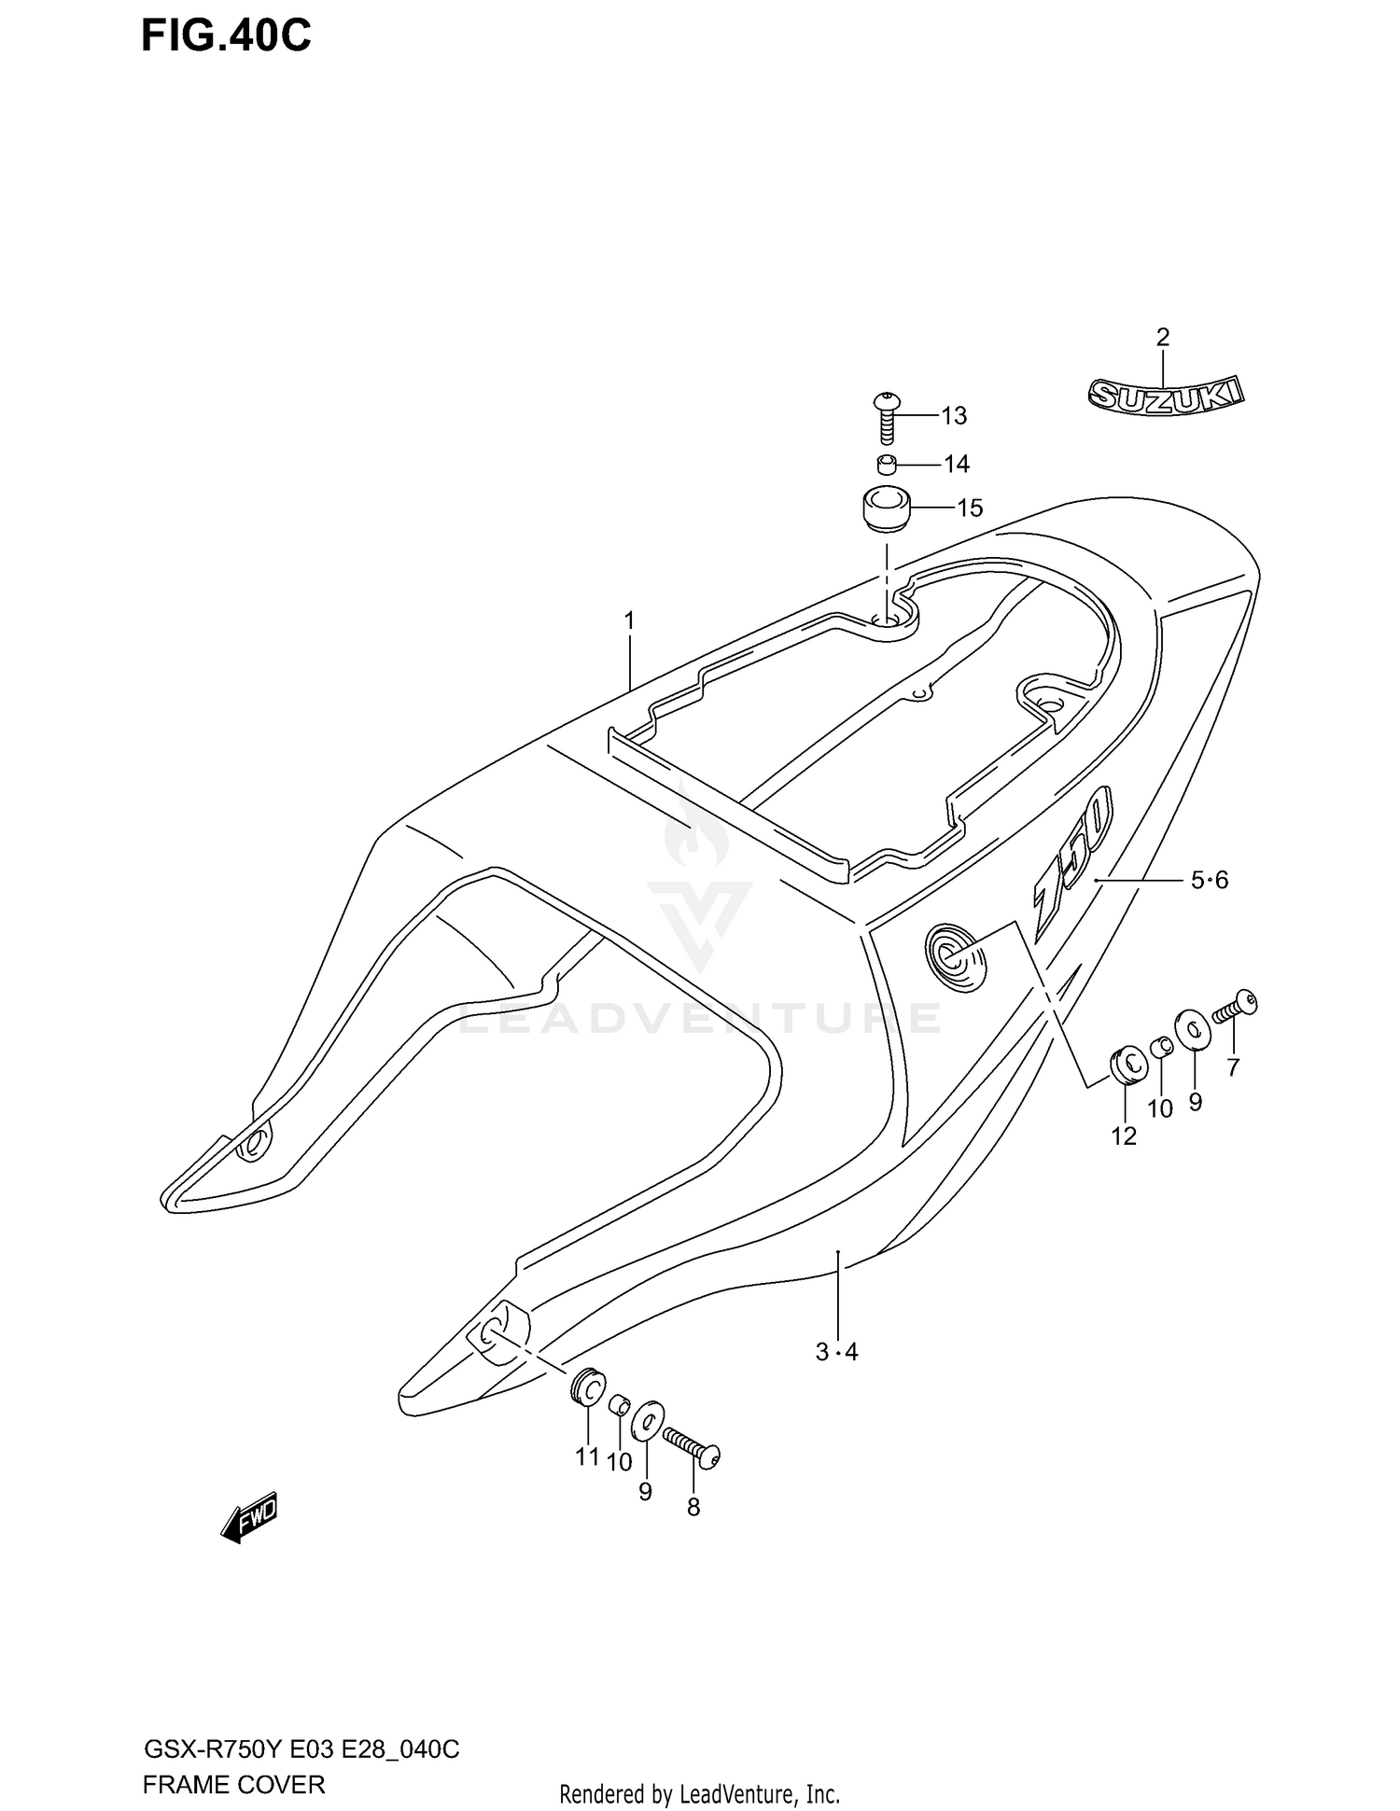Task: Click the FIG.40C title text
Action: tap(226, 36)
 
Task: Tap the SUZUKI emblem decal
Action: tap(1167, 394)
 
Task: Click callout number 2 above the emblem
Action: tap(1162, 337)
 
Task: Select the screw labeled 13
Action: tap(886, 419)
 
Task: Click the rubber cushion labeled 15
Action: tap(884, 508)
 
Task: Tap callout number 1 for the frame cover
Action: tap(629, 620)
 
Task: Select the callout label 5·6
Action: tap(1209, 879)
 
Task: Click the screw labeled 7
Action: tap(1236, 1007)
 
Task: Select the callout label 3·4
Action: tap(836, 1352)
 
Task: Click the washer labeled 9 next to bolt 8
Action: tap(647, 1422)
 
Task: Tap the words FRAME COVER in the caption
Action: tap(233, 1785)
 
